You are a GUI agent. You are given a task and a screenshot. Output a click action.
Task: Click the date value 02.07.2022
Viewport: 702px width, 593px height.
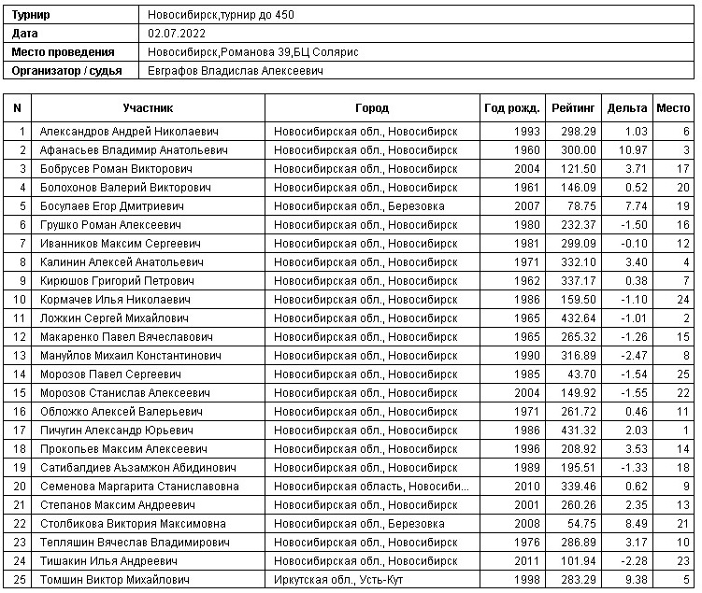(177, 34)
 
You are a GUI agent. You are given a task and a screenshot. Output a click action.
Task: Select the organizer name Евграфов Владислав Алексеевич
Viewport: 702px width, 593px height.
(236, 70)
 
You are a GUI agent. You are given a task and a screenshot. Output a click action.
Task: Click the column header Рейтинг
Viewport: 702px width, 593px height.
(570, 107)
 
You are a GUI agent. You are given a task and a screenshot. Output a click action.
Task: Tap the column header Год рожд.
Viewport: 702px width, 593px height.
(511, 107)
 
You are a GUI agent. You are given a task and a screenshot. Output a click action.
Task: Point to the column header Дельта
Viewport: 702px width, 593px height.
(626, 107)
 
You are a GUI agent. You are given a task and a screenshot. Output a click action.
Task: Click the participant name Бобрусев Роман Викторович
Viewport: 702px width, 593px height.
(117, 169)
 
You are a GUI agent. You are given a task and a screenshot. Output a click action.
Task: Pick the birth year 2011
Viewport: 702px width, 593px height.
(527, 561)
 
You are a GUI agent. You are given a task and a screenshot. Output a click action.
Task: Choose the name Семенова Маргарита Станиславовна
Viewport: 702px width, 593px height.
(139, 487)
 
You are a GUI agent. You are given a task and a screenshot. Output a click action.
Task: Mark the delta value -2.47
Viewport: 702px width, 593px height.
(635, 356)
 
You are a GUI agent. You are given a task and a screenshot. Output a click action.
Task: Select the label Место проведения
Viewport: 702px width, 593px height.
(64, 51)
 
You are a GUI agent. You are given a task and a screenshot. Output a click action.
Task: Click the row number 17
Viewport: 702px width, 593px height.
(20, 431)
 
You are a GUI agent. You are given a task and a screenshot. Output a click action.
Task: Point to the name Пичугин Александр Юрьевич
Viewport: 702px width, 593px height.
(117, 431)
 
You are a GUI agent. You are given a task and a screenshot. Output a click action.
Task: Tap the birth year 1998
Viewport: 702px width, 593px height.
(527, 580)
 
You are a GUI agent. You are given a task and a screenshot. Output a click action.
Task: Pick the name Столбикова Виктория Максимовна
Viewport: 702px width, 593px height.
(133, 524)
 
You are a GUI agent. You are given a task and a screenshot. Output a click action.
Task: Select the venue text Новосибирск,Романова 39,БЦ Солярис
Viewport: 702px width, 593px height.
(252, 51)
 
